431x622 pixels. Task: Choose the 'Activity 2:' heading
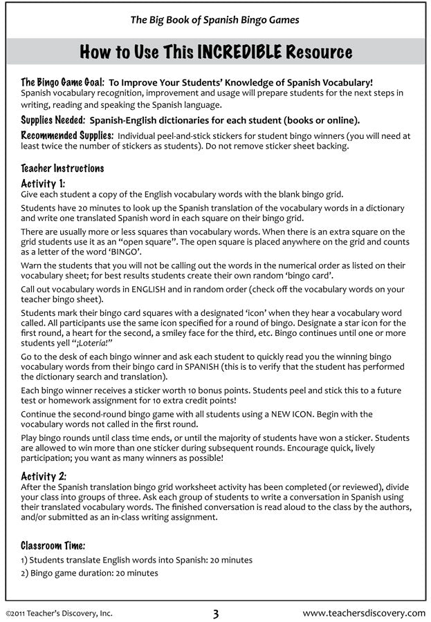[x=44, y=476]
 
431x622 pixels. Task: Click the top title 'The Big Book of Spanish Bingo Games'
[x=215, y=20]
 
